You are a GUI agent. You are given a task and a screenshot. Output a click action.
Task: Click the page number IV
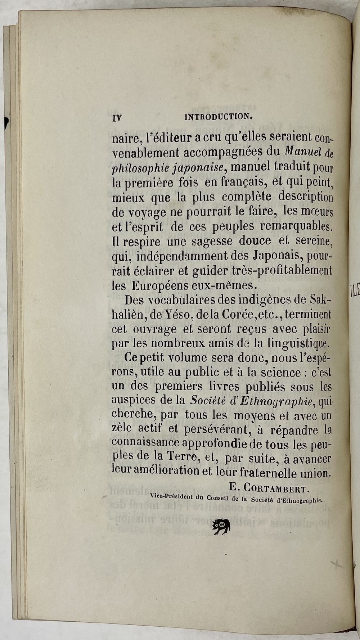[x=117, y=118]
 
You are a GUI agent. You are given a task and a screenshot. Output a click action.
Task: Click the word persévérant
[x=215, y=430]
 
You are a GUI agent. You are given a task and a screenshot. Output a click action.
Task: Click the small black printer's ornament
[x=221, y=526]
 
